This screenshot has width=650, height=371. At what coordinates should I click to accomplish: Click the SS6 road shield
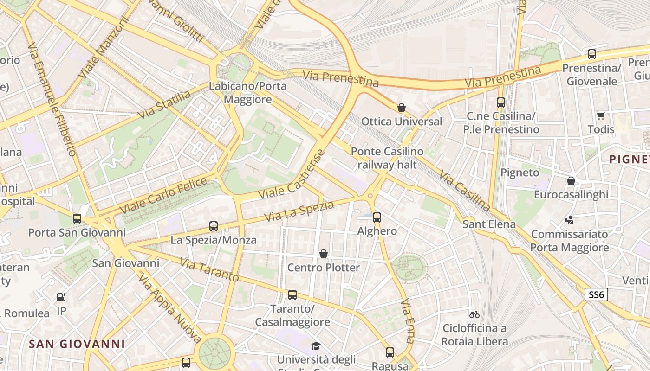click(x=596, y=294)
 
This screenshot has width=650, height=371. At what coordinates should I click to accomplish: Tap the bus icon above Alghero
click(x=377, y=217)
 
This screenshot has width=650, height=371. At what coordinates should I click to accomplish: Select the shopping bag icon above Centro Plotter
click(x=324, y=254)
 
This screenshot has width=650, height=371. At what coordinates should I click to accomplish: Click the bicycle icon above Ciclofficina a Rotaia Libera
click(x=474, y=314)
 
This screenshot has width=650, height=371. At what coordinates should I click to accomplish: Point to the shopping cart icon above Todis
click(x=601, y=115)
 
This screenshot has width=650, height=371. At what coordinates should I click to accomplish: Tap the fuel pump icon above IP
click(x=61, y=297)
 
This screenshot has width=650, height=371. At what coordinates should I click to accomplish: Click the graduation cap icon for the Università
click(x=316, y=346)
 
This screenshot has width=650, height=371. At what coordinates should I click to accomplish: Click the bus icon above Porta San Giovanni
click(x=77, y=218)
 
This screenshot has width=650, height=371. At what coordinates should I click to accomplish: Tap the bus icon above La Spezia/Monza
click(x=214, y=226)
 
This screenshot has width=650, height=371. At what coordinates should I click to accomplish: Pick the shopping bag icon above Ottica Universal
click(x=402, y=108)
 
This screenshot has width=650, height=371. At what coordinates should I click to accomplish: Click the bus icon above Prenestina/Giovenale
click(x=592, y=54)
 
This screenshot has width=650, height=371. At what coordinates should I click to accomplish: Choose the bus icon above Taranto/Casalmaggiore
click(x=292, y=295)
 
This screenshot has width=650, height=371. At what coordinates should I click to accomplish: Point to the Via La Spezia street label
click(x=299, y=211)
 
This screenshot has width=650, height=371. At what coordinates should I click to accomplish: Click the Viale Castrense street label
click(x=292, y=175)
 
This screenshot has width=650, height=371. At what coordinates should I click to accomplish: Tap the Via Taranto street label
click(x=209, y=270)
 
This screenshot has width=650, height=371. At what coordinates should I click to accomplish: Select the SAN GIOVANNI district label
click(x=77, y=344)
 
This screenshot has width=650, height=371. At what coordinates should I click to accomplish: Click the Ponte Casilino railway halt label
click(x=387, y=158)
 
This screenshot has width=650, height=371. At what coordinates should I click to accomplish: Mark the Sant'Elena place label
click(x=489, y=224)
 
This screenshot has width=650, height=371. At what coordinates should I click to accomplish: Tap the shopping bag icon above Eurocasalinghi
click(x=571, y=181)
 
